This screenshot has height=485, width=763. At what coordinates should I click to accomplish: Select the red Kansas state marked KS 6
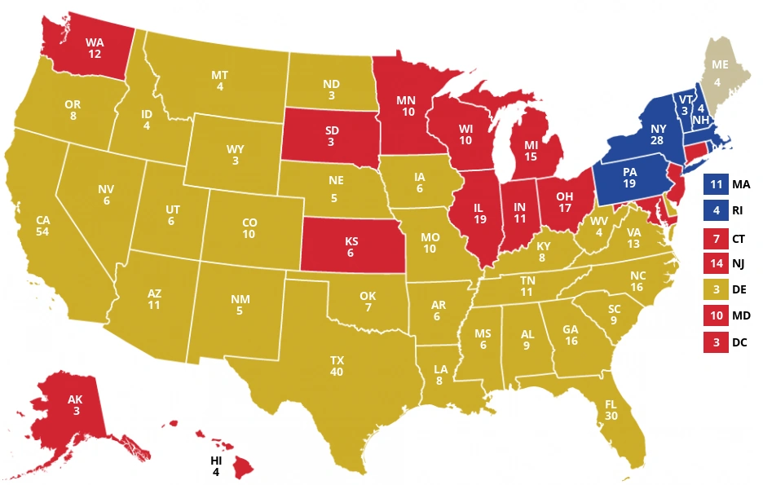pos(351,247)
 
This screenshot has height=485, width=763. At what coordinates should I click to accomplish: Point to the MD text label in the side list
pos(743,315)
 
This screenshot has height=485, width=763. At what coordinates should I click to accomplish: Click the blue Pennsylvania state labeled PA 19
pos(630,178)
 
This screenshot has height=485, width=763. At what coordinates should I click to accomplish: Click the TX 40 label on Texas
pos(337,366)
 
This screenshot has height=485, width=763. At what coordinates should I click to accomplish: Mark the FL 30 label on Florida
pos(611,409)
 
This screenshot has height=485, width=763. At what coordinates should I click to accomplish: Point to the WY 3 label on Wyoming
pos(235,155)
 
